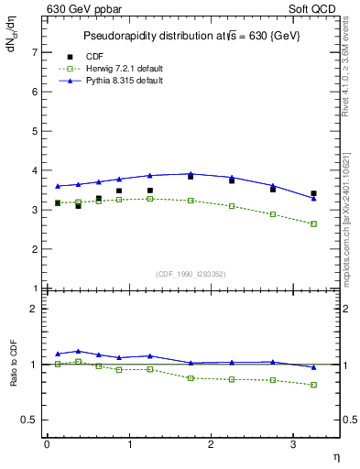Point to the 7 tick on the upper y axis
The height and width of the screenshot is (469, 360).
click(36, 53)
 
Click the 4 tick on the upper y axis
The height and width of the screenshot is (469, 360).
click(36, 170)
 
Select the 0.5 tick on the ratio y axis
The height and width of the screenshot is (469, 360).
click(32, 420)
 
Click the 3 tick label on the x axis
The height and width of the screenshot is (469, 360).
click(293, 444)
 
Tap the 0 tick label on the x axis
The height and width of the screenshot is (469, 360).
click(47, 444)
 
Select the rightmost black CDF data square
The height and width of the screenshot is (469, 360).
click(314, 193)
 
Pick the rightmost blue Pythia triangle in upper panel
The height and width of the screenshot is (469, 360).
click(314, 198)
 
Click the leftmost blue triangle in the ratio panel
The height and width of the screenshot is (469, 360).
click(58, 354)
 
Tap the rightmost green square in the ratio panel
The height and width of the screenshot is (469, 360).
click(314, 385)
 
